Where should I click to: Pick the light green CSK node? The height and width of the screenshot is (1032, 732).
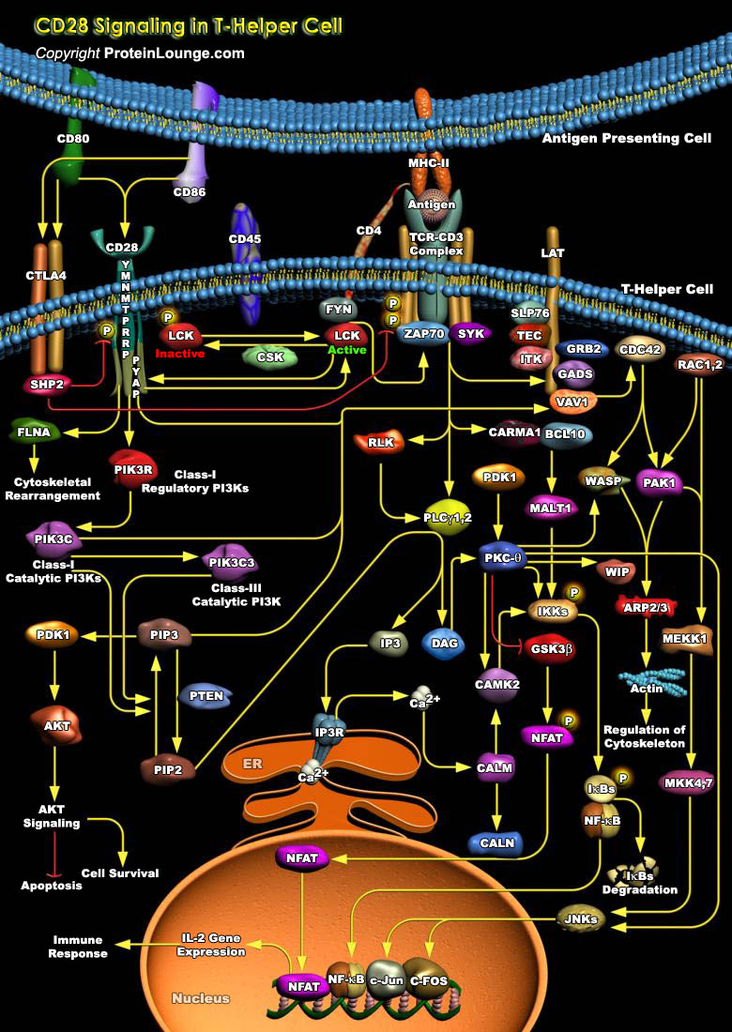point(269,357)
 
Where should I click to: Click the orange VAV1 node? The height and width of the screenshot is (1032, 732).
point(572,402)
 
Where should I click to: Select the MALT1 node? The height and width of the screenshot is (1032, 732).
point(551,508)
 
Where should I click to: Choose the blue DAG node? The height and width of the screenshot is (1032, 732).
point(442,643)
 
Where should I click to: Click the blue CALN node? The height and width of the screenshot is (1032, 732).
point(496,842)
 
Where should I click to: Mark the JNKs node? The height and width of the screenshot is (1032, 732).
point(581,918)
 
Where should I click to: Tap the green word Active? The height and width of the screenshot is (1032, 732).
point(346,350)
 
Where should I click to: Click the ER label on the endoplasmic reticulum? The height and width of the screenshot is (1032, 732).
point(252,764)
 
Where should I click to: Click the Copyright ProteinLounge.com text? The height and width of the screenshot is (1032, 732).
point(140,53)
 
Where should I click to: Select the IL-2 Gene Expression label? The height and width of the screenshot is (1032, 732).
point(213,944)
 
